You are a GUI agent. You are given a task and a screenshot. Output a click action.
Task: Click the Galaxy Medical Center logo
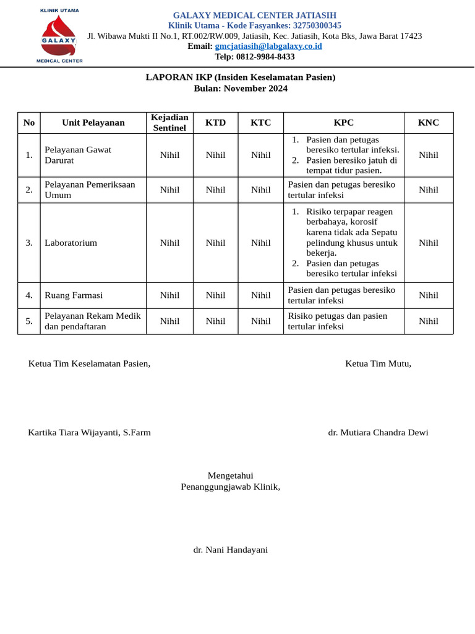59,36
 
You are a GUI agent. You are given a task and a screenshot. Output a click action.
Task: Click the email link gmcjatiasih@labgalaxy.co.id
268,46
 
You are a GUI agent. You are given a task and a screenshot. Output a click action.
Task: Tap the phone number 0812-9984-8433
265,57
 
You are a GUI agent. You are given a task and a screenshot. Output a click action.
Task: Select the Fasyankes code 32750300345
309,25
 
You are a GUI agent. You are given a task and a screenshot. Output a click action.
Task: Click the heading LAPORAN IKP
241,77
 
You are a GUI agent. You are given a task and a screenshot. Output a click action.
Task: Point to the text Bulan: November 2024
241,89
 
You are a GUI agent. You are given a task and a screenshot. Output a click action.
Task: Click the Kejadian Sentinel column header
169,123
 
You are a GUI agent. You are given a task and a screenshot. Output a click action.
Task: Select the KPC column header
343,123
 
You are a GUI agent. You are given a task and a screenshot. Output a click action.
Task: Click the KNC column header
428,123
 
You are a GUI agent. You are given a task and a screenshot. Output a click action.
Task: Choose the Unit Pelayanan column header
93,123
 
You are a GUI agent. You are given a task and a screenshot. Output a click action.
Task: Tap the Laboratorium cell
71,243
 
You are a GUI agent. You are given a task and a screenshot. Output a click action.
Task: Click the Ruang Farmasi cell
74,295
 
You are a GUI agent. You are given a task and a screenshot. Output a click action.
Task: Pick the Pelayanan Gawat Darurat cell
78,155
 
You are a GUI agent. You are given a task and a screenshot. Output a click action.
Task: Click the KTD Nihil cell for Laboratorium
215,243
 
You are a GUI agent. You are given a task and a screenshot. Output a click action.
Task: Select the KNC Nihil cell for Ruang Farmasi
428,295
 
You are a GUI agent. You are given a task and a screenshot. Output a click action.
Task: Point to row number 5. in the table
29,321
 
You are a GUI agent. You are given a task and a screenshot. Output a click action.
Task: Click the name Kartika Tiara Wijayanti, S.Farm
89,433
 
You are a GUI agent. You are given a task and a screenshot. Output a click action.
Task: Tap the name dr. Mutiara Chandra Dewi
378,433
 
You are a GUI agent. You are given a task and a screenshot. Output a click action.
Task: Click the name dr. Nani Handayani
230,550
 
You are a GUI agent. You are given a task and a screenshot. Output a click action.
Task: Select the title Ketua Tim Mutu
378,363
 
